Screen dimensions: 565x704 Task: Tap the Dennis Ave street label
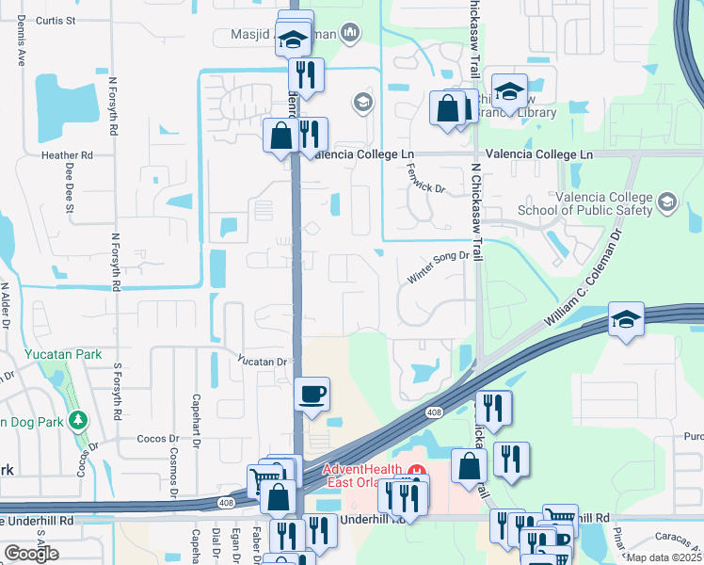point(20,42)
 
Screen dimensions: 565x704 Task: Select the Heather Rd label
point(66,154)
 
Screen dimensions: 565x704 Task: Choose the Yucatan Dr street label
point(262,361)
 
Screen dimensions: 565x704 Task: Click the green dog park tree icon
point(81,420)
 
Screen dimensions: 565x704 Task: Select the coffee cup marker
point(312,394)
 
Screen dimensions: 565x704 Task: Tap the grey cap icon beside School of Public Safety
point(667,202)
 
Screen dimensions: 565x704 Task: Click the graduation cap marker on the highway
point(626,319)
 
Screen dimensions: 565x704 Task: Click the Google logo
point(31,554)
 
